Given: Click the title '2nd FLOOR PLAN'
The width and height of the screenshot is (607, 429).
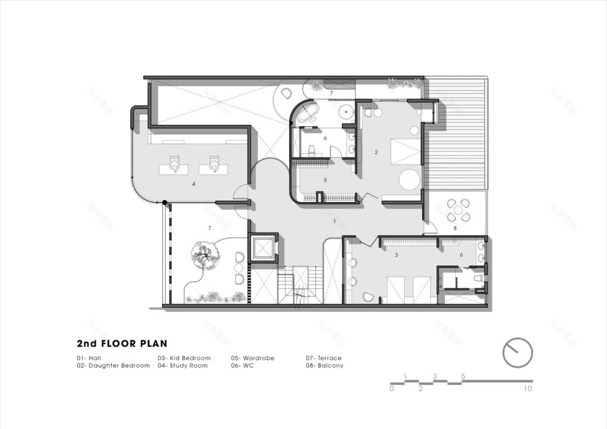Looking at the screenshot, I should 122,343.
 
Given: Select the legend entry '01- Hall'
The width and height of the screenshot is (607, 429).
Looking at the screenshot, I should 89,358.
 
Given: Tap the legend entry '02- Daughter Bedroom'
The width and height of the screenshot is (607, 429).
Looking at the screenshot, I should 113,366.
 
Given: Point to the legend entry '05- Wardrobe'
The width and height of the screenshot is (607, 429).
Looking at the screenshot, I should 249,358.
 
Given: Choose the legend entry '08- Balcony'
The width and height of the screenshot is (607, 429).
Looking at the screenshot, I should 324,366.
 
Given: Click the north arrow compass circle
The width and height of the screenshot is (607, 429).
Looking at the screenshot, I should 517,352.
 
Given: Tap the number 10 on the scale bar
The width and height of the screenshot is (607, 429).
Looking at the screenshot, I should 528,389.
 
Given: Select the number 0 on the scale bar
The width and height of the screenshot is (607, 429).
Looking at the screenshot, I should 391,389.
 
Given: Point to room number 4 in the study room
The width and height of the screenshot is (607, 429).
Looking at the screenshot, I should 194,184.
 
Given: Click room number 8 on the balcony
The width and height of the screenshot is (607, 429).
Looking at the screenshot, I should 455,228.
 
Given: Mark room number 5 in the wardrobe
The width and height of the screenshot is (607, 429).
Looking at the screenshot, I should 325,181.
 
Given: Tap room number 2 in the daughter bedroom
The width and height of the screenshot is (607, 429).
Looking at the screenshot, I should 376,152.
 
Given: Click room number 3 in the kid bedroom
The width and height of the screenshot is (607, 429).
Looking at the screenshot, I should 397,255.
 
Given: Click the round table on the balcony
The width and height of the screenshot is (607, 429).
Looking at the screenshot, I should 457,209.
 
